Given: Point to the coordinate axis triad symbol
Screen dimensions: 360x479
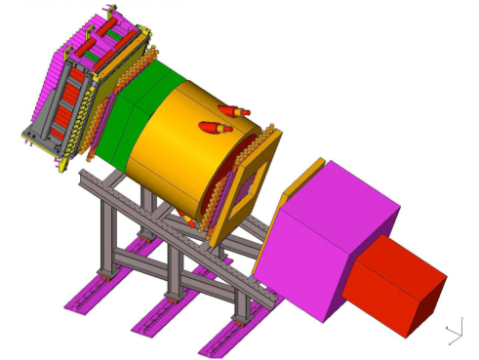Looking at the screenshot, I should click(x=454, y=332).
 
